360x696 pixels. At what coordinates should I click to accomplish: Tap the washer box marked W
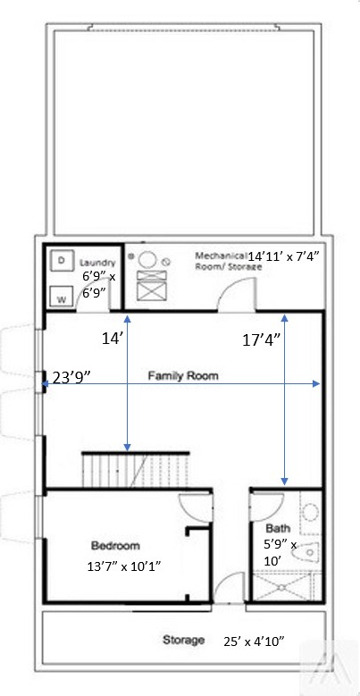(x=61, y=297)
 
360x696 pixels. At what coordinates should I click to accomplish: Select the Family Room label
(x=183, y=376)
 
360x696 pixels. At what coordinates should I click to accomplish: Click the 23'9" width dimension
(x=72, y=377)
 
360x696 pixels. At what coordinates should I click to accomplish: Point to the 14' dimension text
(x=111, y=339)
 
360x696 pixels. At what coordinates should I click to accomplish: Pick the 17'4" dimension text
(x=261, y=340)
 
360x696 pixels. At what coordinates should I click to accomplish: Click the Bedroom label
(x=115, y=545)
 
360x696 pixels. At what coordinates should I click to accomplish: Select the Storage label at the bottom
(x=183, y=640)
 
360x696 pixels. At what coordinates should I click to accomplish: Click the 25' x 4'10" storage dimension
(x=254, y=641)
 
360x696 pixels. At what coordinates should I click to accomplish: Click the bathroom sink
(x=311, y=512)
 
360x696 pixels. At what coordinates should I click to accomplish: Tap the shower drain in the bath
(x=281, y=587)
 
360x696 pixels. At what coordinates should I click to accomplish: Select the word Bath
(x=278, y=528)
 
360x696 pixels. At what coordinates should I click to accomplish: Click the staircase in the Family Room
(x=136, y=471)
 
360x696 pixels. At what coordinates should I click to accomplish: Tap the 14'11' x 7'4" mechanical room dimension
(x=283, y=256)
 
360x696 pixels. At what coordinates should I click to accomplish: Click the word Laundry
(x=97, y=263)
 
